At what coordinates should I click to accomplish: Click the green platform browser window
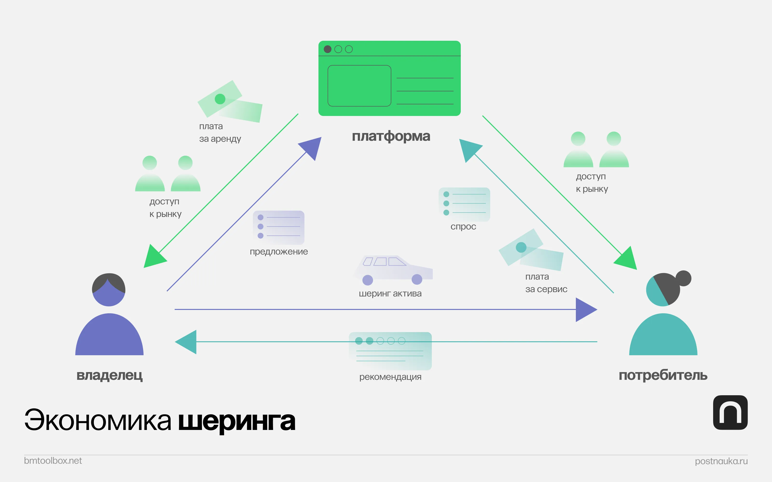[x=389, y=78]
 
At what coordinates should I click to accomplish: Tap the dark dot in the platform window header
[x=327, y=49]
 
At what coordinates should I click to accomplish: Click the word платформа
[x=391, y=136]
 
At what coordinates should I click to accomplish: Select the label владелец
[x=110, y=375]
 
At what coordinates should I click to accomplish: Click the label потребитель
[x=663, y=375]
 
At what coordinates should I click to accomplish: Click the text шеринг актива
[x=390, y=294]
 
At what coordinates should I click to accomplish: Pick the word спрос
[x=463, y=227]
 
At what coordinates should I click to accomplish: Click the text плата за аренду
[x=220, y=133]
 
